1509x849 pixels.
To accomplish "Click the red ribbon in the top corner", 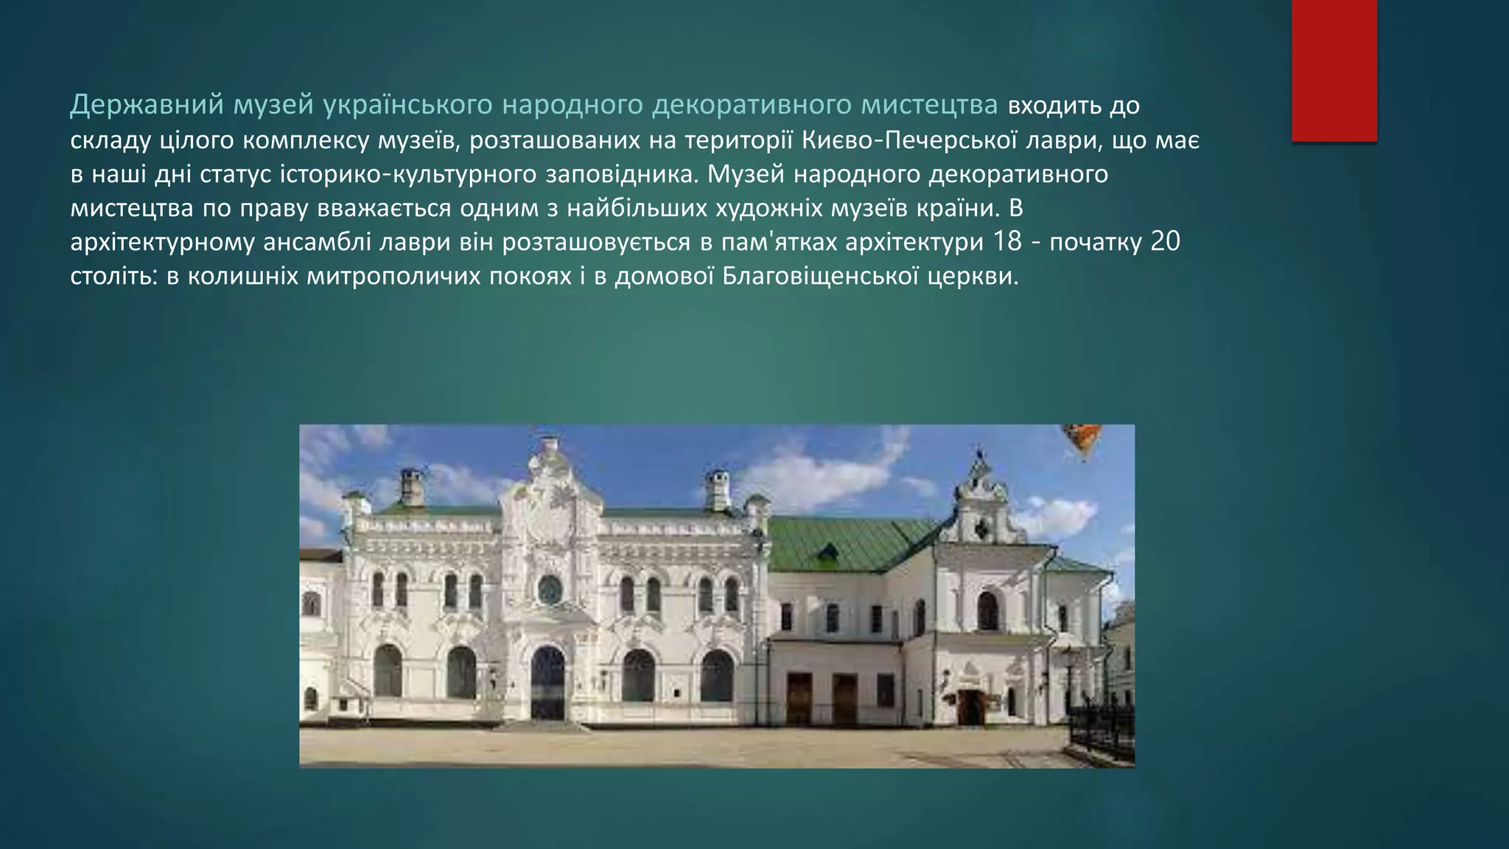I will click(1334, 70).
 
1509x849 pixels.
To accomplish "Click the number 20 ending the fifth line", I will click(1165, 242).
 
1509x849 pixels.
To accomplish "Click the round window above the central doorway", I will click(550, 589).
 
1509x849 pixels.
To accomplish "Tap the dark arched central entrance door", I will click(547, 684).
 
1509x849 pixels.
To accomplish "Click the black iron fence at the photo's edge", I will click(1102, 730).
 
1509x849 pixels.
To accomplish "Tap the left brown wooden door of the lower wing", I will click(799, 699).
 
